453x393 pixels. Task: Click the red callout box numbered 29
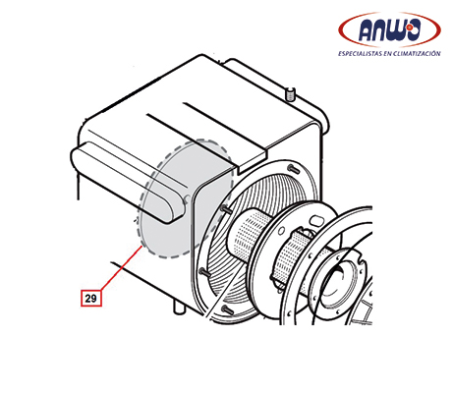point(91,298)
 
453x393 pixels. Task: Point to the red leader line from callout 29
point(121,267)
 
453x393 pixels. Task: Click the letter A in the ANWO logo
point(367,31)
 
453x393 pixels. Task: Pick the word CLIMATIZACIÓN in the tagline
point(419,53)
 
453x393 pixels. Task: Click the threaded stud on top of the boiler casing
point(291,93)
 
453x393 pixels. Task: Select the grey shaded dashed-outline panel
point(187,198)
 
